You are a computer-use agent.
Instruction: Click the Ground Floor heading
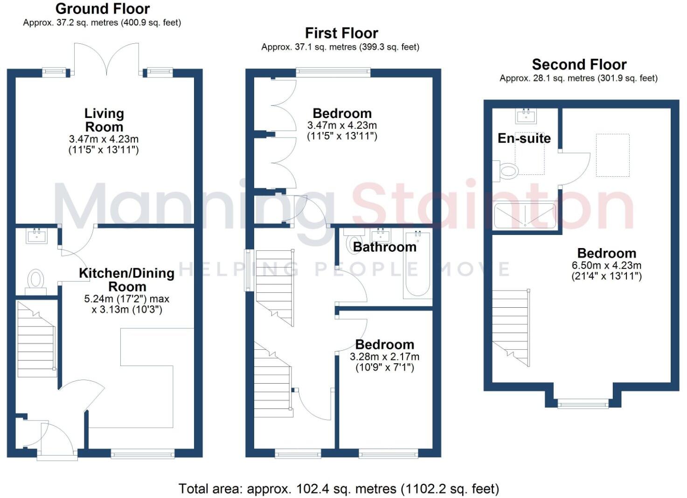pyautogui.click(x=103, y=8)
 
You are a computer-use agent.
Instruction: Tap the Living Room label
pyautogui.click(x=104, y=120)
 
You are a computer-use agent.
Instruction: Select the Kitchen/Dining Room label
pyautogui.click(x=126, y=279)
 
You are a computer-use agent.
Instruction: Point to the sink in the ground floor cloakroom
pyautogui.click(x=36, y=236)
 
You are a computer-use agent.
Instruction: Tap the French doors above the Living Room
pyautogui.click(x=107, y=59)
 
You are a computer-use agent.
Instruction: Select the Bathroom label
pyautogui.click(x=384, y=247)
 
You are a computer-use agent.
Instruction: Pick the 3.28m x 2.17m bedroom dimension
pyautogui.click(x=384, y=357)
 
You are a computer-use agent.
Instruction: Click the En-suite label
pyautogui.click(x=524, y=138)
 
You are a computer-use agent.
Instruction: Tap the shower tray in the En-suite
pyautogui.click(x=525, y=215)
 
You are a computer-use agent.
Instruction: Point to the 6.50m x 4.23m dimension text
pyautogui.click(x=606, y=265)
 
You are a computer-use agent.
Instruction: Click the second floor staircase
pyautogui.click(x=511, y=326)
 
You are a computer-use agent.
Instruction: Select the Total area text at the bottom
pyautogui.click(x=339, y=489)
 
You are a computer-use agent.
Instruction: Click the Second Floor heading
pyautogui.click(x=579, y=64)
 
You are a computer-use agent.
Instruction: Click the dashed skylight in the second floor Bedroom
pyautogui.click(x=612, y=155)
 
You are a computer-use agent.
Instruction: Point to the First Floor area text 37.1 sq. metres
pyautogui.click(x=340, y=47)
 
